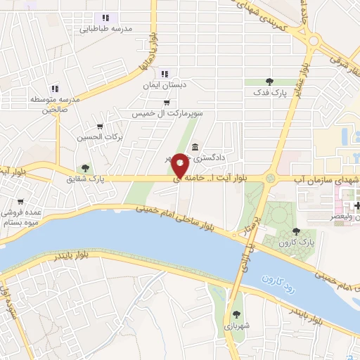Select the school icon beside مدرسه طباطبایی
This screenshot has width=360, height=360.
(x=105, y=18)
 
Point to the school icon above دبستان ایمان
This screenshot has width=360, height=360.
(x=165, y=73)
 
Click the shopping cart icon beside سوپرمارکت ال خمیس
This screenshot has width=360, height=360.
(x=166, y=102)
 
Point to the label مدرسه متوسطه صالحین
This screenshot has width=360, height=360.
(x=49, y=105)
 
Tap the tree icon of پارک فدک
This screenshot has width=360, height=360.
(x=270, y=82)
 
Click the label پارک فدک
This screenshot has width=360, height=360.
(x=270, y=93)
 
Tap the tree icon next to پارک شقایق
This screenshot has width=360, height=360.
(x=85, y=168)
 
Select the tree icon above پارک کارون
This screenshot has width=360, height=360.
(x=295, y=231)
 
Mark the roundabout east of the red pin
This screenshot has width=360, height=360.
(x=271, y=178)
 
